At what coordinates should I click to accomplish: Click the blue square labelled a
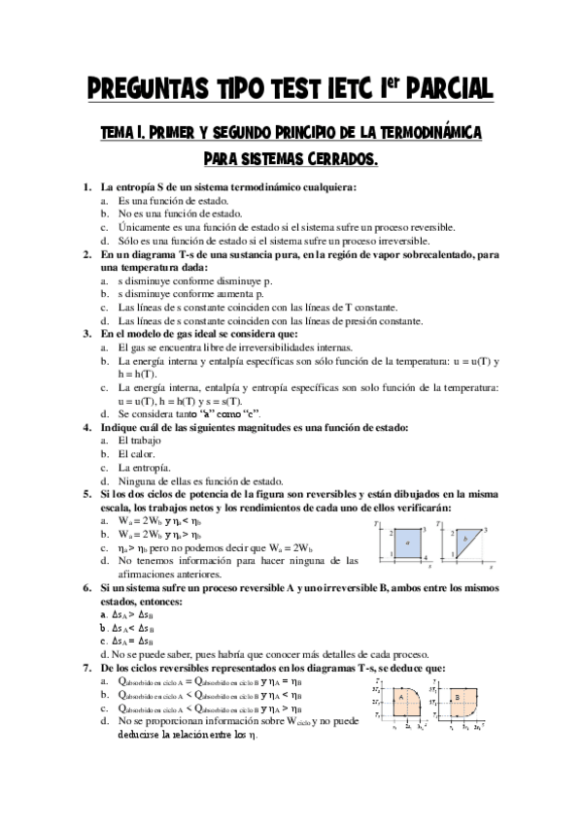tap(409, 542)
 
